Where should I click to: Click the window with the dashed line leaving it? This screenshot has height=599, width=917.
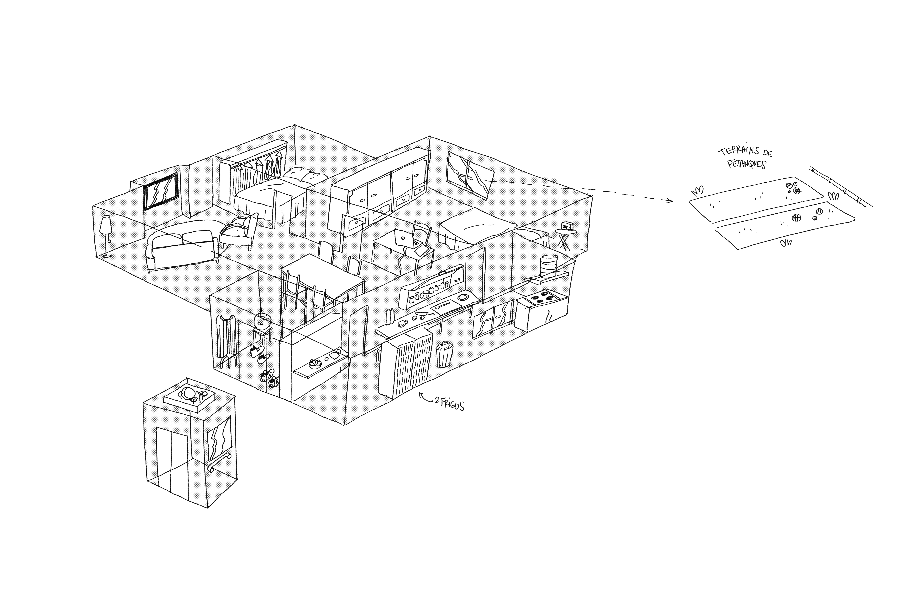point(470,175)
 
